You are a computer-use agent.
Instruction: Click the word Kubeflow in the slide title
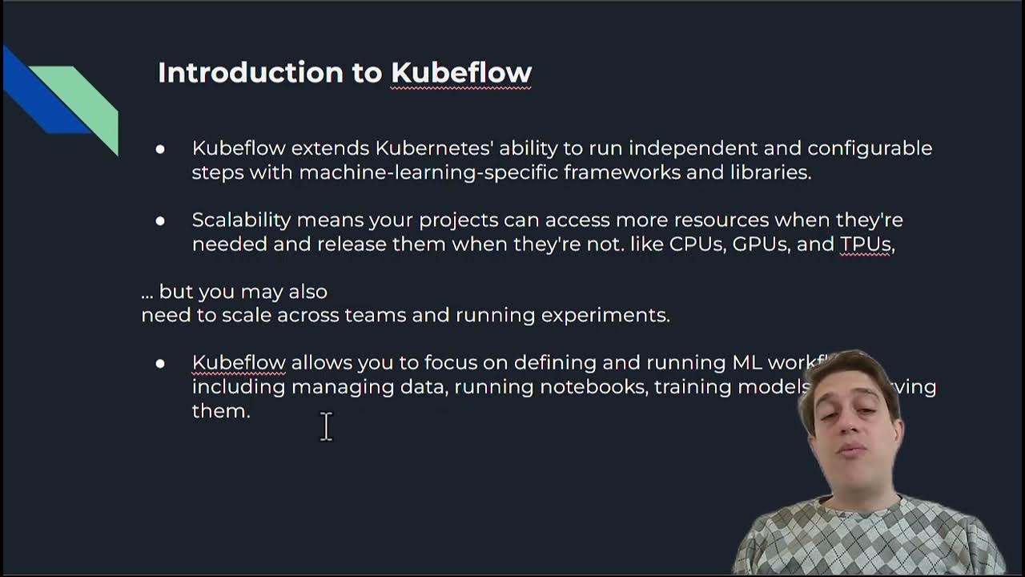pos(461,72)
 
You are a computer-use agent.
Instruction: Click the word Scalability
pos(241,220)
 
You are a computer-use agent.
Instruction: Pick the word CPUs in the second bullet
pos(697,244)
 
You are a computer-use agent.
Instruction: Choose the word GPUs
pos(761,244)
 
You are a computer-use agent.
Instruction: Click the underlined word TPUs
pos(866,244)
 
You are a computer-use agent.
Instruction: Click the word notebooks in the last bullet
pos(593,387)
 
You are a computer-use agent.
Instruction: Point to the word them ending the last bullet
pos(220,411)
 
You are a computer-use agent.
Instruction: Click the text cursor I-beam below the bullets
pos(326,426)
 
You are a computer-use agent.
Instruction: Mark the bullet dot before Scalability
pos(160,220)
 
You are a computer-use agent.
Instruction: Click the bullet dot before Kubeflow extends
pos(160,149)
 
